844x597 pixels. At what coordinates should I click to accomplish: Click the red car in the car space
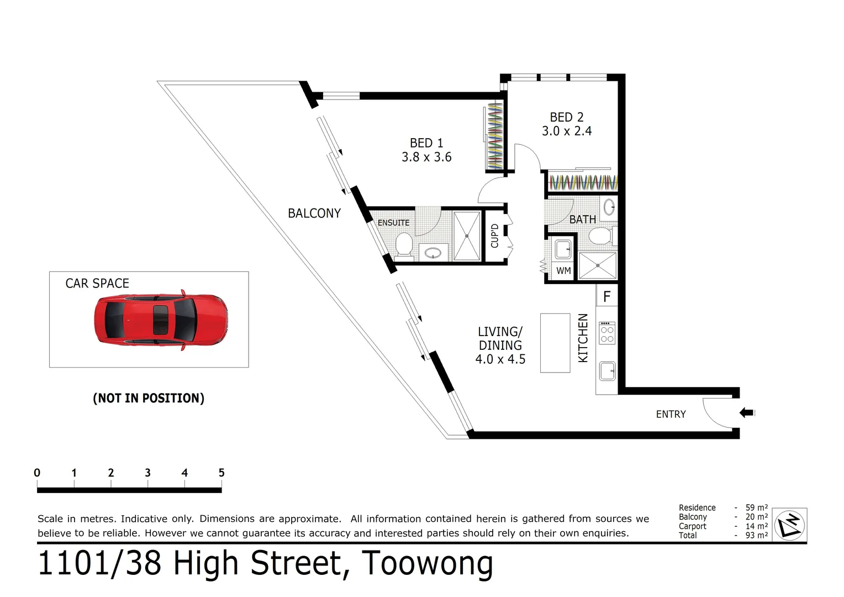[160, 320]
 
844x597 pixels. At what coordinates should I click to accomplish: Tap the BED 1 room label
[426, 143]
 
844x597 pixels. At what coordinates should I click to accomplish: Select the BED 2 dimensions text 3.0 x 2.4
[567, 132]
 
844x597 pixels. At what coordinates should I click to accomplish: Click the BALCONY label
[314, 213]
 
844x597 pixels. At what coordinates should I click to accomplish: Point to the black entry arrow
[746, 412]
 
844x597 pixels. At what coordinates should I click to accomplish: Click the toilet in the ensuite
[404, 244]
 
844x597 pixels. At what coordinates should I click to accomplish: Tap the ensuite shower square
[467, 235]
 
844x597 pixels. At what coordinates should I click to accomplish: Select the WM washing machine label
[563, 271]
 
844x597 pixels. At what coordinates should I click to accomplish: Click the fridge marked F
[606, 297]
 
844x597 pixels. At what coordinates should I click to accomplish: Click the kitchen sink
[607, 371]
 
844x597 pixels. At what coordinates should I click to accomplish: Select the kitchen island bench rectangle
[555, 343]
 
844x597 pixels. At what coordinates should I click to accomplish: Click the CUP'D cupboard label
[495, 235]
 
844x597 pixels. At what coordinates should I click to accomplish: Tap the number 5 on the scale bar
[221, 473]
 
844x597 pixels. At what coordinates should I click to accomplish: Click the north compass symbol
[789, 525]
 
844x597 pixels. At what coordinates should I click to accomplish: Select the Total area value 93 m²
[756, 535]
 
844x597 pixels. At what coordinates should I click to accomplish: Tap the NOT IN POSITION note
[149, 399]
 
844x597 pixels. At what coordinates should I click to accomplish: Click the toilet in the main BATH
[600, 236]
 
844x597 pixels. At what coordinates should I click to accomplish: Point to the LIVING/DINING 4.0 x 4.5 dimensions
[500, 359]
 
